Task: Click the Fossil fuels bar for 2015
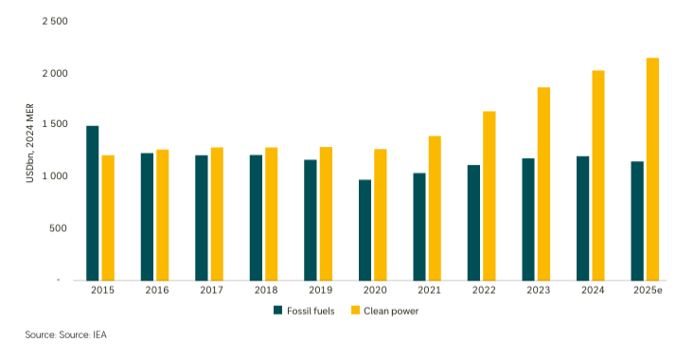(92, 203)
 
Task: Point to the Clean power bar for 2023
(543, 184)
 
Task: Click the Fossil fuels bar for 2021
(418, 226)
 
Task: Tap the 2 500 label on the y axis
(55, 21)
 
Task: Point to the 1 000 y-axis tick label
(55, 176)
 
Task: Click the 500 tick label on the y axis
(60, 228)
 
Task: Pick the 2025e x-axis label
(646, 290)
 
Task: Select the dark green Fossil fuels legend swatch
(278, 310)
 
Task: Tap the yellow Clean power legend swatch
(356, 310)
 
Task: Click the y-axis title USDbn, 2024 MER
(29, 149)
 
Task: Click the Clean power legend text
(391, 310)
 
